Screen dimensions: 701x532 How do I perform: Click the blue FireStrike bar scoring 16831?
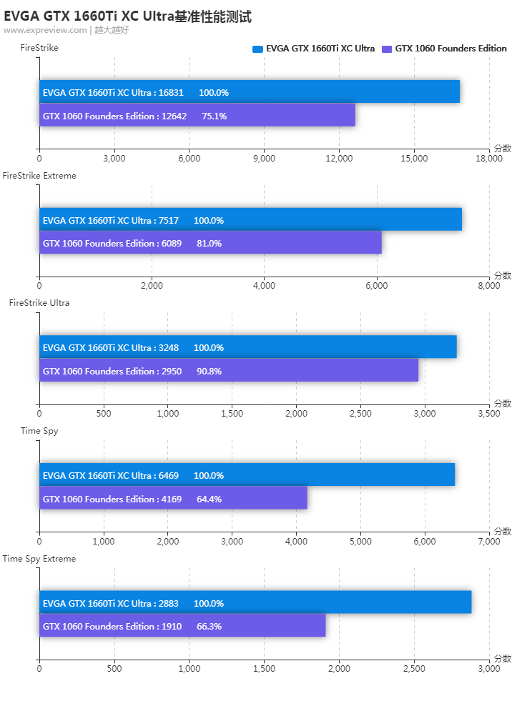250,91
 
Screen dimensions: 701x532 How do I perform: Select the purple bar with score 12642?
197,115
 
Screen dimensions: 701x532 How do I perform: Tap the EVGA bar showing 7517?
250,219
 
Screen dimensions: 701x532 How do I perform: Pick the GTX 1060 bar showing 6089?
210,242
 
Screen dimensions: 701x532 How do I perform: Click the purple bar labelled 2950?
229,370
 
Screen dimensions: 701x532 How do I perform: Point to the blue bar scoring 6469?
247,474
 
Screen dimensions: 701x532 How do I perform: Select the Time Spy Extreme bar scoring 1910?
182,625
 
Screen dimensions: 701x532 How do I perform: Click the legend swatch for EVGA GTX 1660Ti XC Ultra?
257,49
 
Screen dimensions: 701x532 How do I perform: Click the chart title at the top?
127,16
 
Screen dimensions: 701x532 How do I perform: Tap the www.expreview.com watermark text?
45,30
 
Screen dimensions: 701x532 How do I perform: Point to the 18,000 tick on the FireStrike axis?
489,159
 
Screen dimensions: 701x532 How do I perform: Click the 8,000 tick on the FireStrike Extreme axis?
489,286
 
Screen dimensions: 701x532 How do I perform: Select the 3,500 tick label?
489,414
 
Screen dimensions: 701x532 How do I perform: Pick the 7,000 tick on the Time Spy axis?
489,542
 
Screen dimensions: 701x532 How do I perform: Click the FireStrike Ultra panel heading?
39,303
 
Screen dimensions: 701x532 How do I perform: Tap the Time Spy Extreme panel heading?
39,559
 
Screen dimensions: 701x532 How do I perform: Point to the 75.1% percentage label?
214,116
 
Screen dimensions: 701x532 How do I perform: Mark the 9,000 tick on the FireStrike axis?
264,159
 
